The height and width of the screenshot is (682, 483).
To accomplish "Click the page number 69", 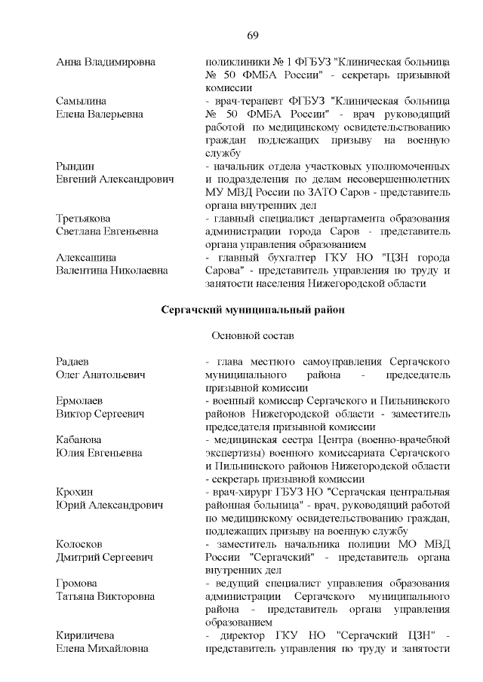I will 254,35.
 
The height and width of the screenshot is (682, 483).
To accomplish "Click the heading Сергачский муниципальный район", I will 254,309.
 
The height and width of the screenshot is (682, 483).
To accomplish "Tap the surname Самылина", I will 81,100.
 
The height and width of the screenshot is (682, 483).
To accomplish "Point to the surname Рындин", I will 75,166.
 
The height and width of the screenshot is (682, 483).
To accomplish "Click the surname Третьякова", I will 84,219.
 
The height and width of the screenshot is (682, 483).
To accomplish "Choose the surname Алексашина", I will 86,258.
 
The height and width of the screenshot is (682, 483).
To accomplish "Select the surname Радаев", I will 74,361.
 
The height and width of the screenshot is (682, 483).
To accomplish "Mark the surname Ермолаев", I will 79,400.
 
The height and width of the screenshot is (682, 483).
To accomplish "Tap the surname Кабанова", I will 80,439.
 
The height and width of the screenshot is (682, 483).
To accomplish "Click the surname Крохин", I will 75,492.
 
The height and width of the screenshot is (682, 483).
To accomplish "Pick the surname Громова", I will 78,584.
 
